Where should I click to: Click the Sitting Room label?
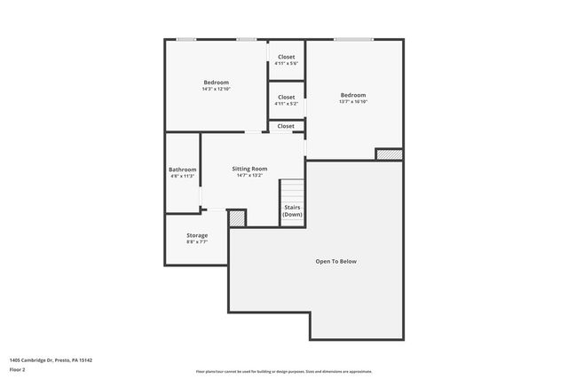[249, 169]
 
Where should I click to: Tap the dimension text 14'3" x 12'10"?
[216, 89]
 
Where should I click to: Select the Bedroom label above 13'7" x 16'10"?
[352, 95]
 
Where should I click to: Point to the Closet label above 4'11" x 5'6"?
[286, 57]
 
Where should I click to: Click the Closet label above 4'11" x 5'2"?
[286, 98]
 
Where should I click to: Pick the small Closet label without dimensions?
[286, 126]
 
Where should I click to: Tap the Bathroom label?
[182, 170]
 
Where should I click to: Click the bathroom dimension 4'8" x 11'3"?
[182, 176]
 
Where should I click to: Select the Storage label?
[197, 235]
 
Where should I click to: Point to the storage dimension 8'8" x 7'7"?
[197, 241]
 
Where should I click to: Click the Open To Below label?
[336, 261]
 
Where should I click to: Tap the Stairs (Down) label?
[292, 211]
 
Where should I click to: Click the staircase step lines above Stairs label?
[292, 191]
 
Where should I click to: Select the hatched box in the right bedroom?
[389, 154]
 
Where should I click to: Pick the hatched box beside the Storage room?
[237, 217]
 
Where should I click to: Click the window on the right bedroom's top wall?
[353, 39]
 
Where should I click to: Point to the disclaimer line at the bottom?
[284, 372]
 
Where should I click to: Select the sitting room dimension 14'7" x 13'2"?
[249, 175]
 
